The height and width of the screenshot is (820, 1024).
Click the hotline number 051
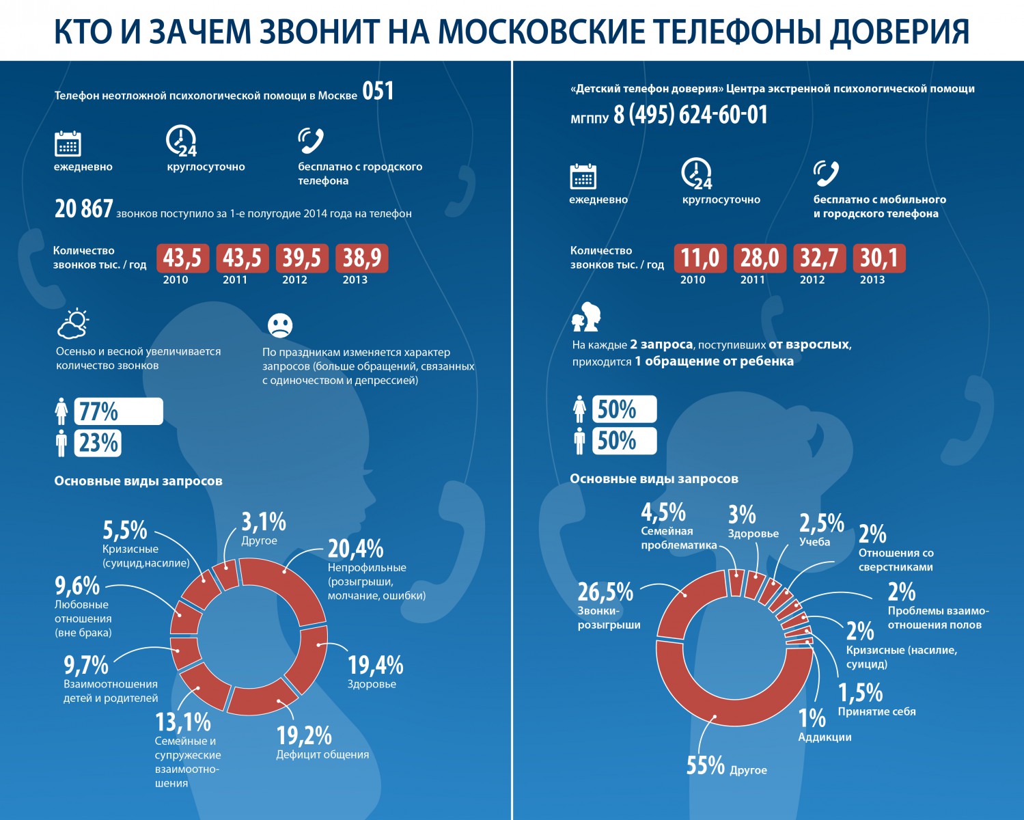pos(378,92)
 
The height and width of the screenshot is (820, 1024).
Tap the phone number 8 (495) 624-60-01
pos(690,115)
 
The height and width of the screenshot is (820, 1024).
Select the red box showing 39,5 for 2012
pos(302,258)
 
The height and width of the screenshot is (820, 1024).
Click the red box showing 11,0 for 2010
pos(700,258)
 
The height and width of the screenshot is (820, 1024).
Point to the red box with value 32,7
pos(820,258)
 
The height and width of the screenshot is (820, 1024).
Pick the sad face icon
pos(280,325)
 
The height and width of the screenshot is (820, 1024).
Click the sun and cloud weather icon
pos(73,324)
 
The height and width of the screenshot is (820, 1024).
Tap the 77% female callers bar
pos(118,411)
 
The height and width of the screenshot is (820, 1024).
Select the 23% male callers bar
pos(98,443)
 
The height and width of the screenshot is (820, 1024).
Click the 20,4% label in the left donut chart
pos(355,549)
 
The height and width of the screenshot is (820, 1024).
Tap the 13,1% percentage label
pos(183,722)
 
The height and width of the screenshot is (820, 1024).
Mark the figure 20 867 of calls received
pos(83,209)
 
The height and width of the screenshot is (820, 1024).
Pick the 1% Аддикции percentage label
pos(812,717)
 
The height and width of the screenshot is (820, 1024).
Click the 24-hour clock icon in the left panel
pos(182,141)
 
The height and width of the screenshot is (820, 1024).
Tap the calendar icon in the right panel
pos(583,176)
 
